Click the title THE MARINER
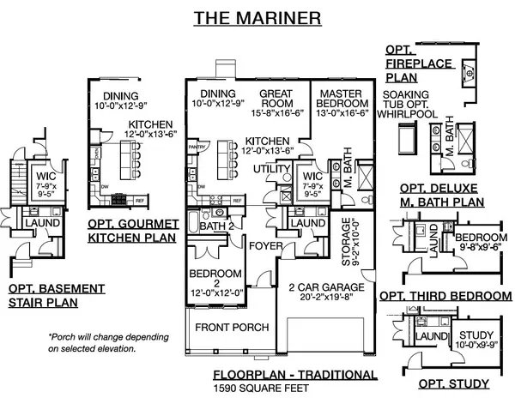(257, 16)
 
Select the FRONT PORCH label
(232, 328)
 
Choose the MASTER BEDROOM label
(343, 99)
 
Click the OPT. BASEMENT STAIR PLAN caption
(45, 295)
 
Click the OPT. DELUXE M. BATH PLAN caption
(442, 196)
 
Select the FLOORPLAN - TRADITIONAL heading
(294, 375)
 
